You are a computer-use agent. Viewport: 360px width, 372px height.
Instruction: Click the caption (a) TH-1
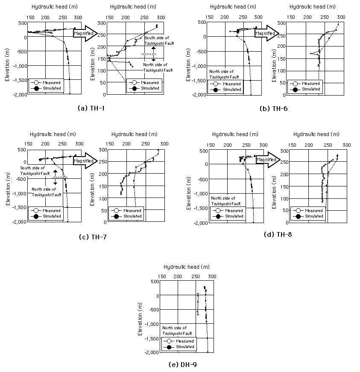click(91, 108)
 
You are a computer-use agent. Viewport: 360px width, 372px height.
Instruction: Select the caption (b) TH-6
click(274, 109)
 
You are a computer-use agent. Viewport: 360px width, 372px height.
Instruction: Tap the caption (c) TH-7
click(93, 237)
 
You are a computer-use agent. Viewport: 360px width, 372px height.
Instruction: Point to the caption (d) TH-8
click(278, 235)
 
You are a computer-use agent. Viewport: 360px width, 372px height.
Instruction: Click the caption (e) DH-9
click(183, 364)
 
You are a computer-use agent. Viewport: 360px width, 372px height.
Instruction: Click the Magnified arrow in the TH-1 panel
click(85, 33)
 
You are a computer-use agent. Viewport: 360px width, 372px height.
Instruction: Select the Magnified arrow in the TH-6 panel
click(266, 33)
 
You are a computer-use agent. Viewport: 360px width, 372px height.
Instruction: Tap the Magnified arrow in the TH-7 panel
click(85, 160)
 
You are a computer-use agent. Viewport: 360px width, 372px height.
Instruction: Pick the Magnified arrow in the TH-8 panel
click(268, 160)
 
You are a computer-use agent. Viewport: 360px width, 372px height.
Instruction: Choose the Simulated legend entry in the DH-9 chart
click(179, 347)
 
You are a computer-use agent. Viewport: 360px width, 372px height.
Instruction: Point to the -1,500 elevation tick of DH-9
click(152, 339)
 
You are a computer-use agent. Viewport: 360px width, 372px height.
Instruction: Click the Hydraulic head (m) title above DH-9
click(187, 267)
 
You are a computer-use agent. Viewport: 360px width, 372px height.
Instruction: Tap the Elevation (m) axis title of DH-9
click(140, 319)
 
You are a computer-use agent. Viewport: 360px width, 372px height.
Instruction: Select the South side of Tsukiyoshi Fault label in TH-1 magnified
click(159, 41)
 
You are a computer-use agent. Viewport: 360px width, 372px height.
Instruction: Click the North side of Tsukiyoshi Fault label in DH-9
click(177, 331)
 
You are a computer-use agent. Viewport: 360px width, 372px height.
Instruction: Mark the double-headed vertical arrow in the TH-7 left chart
click(55, 177)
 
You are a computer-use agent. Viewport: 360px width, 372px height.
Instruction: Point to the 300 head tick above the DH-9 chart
click(212, 276)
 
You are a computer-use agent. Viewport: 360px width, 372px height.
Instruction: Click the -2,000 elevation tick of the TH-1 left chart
click(20, 95)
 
